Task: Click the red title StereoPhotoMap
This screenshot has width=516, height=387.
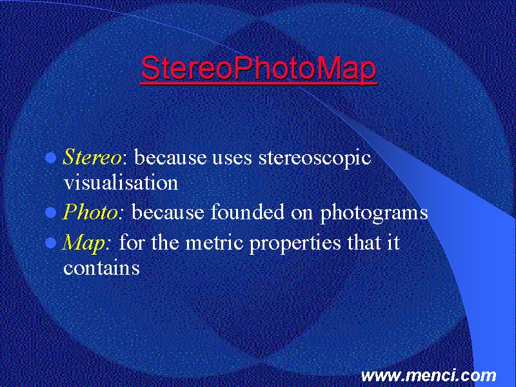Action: (259, 69)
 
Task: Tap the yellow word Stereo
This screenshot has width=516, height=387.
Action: (92, 157)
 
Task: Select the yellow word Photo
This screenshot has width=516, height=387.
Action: (90, 212)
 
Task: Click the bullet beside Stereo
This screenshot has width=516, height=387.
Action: (51, 158)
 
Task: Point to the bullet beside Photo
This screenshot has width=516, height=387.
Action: (51, 213)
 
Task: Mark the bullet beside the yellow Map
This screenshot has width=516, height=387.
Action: (51, 243)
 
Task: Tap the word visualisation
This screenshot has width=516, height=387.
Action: (121, 182)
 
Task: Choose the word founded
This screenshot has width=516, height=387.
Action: (248, 212)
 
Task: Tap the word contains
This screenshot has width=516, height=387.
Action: (101, 268)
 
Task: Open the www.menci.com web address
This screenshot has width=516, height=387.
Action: (428, 375)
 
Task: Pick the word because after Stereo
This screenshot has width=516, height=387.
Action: (170, 157)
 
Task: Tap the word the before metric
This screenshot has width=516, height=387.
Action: (165, 243)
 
